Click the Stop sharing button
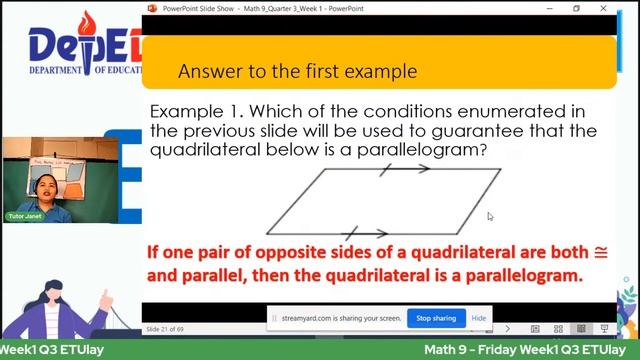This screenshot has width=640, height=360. point(436,318)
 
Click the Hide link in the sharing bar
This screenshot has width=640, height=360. point(479,318)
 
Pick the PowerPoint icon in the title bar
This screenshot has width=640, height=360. point(153,9)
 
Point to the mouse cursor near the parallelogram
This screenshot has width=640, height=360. point(490,216)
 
